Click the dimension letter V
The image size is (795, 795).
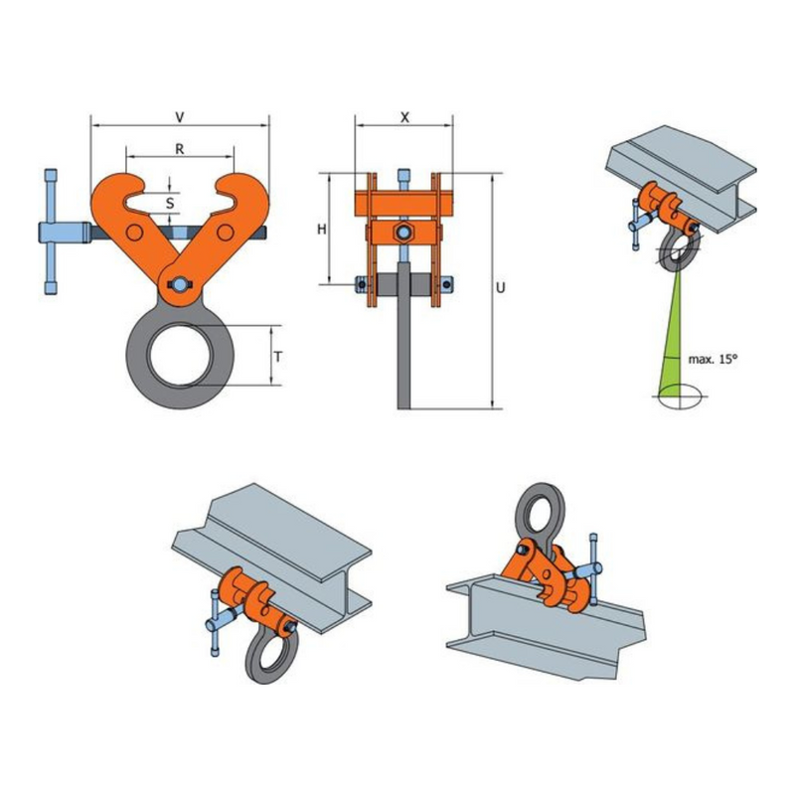tap(180, 117)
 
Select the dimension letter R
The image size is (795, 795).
tap(180, 149)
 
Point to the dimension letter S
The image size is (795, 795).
tap(170, 204)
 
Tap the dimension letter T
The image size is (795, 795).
tap(278, 357)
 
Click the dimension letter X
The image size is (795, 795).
tap(404, 117)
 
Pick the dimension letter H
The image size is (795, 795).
tap(321, 230)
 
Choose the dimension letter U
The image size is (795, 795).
tap(501, 288)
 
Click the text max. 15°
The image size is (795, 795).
tap(713, 360)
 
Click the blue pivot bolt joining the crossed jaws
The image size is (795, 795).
tap(180, 285)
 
